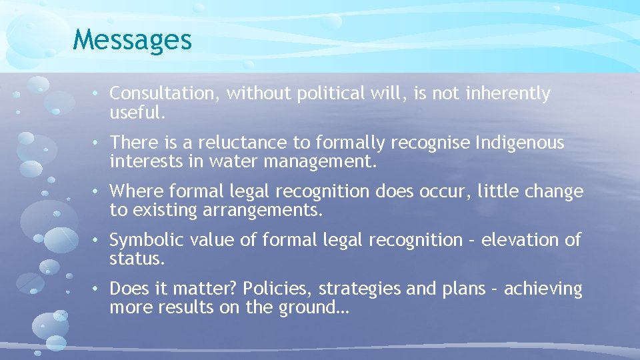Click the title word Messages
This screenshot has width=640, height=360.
coord(133,39)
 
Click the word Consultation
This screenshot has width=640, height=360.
coord(163,94)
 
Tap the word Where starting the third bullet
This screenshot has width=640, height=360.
coord(136,192)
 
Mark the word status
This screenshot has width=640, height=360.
coord(137,259)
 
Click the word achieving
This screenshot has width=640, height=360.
coord(543,289)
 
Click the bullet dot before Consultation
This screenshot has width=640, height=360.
coord(97,94)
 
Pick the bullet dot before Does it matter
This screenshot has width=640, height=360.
coord(97,289)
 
